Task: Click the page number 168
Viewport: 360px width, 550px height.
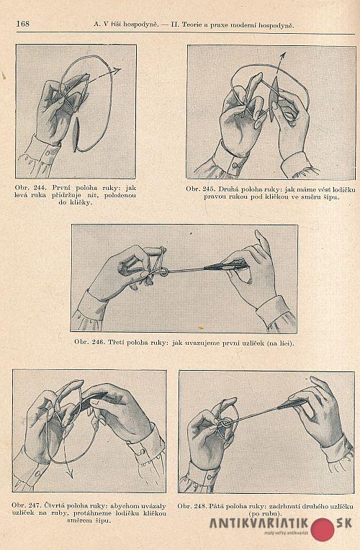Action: click(23, 24)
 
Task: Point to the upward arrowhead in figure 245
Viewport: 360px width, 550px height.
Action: click(283, 56)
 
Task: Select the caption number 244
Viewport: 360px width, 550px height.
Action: click(40, 188)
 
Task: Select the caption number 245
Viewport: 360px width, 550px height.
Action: click(209, 189)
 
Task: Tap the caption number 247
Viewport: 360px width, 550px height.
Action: click(35, 506)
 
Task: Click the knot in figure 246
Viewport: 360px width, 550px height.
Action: click(164, 271)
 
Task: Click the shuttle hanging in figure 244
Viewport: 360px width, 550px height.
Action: click(76, 135)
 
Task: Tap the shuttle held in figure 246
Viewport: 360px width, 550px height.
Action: click(226, 266)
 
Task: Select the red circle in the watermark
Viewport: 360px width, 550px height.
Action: click(323, 529)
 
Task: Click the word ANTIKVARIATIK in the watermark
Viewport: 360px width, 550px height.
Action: click(259, 523)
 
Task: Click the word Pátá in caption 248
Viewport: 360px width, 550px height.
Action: click(218, 506)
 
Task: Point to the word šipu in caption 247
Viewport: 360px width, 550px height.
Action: click(103, 521)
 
